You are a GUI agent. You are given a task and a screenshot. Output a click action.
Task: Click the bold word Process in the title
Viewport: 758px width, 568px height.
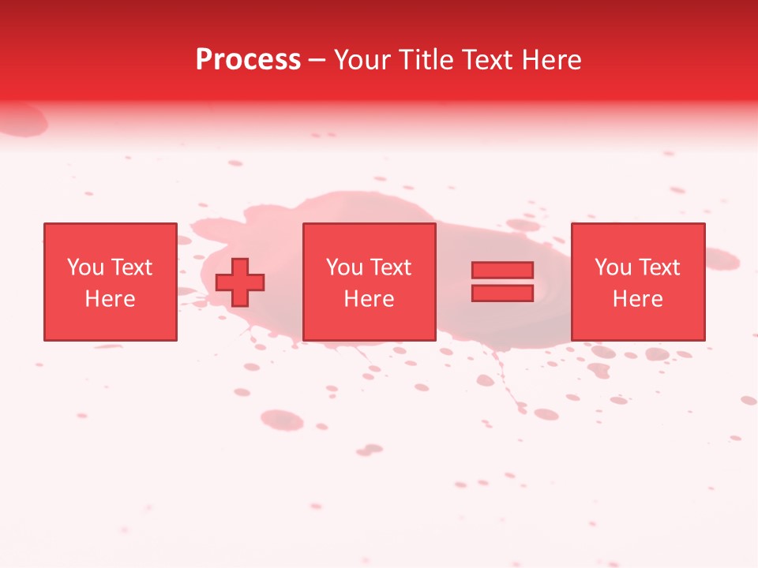pyautogui.click(x=248, y=60)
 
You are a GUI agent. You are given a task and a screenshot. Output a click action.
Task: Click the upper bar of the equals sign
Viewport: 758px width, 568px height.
pyautogui.click(x=502, y=270)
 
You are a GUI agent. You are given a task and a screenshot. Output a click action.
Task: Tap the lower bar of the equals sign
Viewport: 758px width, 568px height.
pyautogui.click(x=502, y=293)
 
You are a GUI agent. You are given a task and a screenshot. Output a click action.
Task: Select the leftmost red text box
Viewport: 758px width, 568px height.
pyautogui.click(x=110, y=282)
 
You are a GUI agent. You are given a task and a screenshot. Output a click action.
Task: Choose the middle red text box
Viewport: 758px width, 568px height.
pyautogui.click(x=369, y=282)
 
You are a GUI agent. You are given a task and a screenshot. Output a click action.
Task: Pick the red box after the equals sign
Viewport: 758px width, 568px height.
pyautogui.click(x=637, y=282)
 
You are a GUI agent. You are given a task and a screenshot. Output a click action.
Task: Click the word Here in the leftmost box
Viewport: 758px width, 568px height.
pyautogui.click(x=110, y=299)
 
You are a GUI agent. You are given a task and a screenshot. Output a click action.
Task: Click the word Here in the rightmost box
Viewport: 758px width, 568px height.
pyautogui.click(x=637, y=299)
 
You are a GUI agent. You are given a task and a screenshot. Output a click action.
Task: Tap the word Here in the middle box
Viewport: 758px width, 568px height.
pyautogui.click(x=369, y=299)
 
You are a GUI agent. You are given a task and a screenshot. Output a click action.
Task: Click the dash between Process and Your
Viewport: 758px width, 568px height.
pyautogui.click(x=317, y=60)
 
